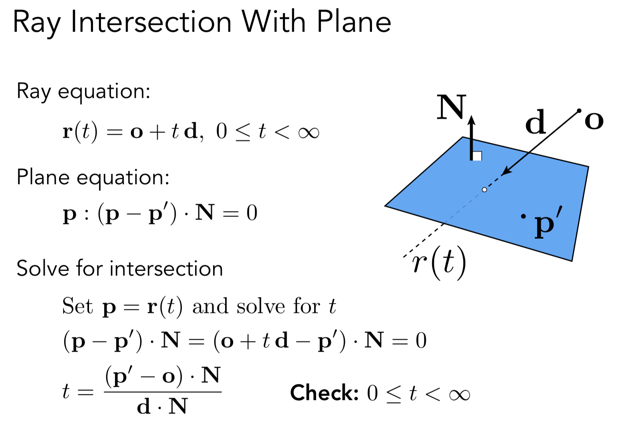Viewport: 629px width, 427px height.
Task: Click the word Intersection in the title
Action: coord(151,22)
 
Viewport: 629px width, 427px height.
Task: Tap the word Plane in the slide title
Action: coord(354,22)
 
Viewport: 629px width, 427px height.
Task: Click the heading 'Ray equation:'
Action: coord(83,92)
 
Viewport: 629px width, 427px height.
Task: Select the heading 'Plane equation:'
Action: coord(93,177)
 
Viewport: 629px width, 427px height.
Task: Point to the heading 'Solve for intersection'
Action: coord(119,268)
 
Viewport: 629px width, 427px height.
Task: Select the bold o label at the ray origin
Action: coord(593,121)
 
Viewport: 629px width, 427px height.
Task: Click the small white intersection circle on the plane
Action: coord(485,190)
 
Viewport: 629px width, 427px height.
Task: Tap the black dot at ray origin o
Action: coord(579,110)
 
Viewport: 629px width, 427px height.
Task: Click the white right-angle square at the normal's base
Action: coord(477,156)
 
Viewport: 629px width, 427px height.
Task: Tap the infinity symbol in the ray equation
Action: coord(309,132)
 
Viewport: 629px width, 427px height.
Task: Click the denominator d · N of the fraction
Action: coord(162,407)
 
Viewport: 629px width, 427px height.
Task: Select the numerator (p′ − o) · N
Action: coord(162,376)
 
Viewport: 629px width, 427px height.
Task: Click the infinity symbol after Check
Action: coord(459,395)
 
